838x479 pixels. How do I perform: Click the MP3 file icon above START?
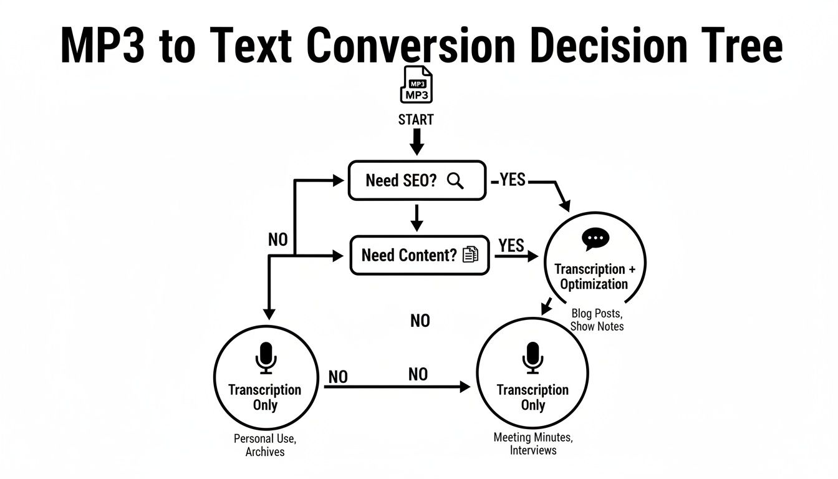click(x=416, y=85)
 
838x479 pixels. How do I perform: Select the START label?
click(x=416, y=119)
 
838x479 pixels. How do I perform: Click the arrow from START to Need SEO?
click(x=417, y=143)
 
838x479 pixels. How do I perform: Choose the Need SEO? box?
click(x=417, y=181)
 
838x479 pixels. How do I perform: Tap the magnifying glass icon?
click(x=456, y=181)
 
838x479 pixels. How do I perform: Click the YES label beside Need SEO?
click(x=513, y=181)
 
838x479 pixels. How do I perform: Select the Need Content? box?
click(x=420, y=254)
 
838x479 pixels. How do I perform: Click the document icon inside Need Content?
click(x=470, y=254)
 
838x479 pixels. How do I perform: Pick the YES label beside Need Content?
click(x=511, y=246)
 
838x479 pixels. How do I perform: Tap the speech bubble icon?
click(x=595, y=239)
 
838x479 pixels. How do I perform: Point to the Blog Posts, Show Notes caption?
click(x=597, y=319)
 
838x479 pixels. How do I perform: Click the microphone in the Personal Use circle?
click(x=266, y=358)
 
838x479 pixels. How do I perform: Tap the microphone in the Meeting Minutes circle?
click(x=532, y=357)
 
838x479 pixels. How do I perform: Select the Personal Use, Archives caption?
click(x=265, y=445)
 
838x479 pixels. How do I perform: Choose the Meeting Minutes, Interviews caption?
click(x=532, y=443)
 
